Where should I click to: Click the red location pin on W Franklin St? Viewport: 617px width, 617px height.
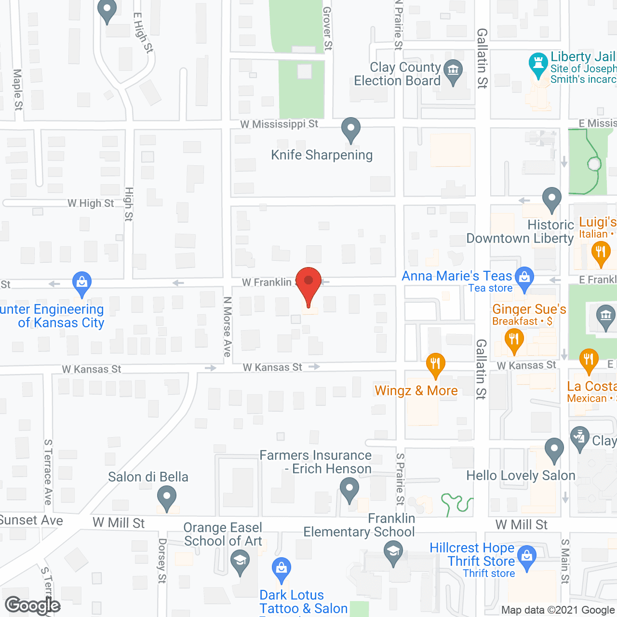(x=308, y=282)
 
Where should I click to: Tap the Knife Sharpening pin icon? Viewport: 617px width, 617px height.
(x=350, y=129)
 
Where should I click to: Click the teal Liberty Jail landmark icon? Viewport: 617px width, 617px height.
(x=538, y=64)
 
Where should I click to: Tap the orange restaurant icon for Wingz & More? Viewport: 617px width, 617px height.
(x=435, y=364)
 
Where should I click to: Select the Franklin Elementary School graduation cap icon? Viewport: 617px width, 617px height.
(x=393, y=551)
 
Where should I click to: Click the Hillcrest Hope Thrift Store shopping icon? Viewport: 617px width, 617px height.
(x=527, y=557)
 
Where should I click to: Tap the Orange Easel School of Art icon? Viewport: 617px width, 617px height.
(x=240, y=561)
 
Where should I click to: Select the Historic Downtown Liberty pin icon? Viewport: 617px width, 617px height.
(x=551, y=198)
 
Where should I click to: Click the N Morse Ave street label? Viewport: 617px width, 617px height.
(x=228, y=326)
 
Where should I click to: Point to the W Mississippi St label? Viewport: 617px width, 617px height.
(x=279, y=124)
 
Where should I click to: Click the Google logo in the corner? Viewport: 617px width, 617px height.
(x=32, y=605)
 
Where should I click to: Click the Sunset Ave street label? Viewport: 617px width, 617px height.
(x=31, y=521)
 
